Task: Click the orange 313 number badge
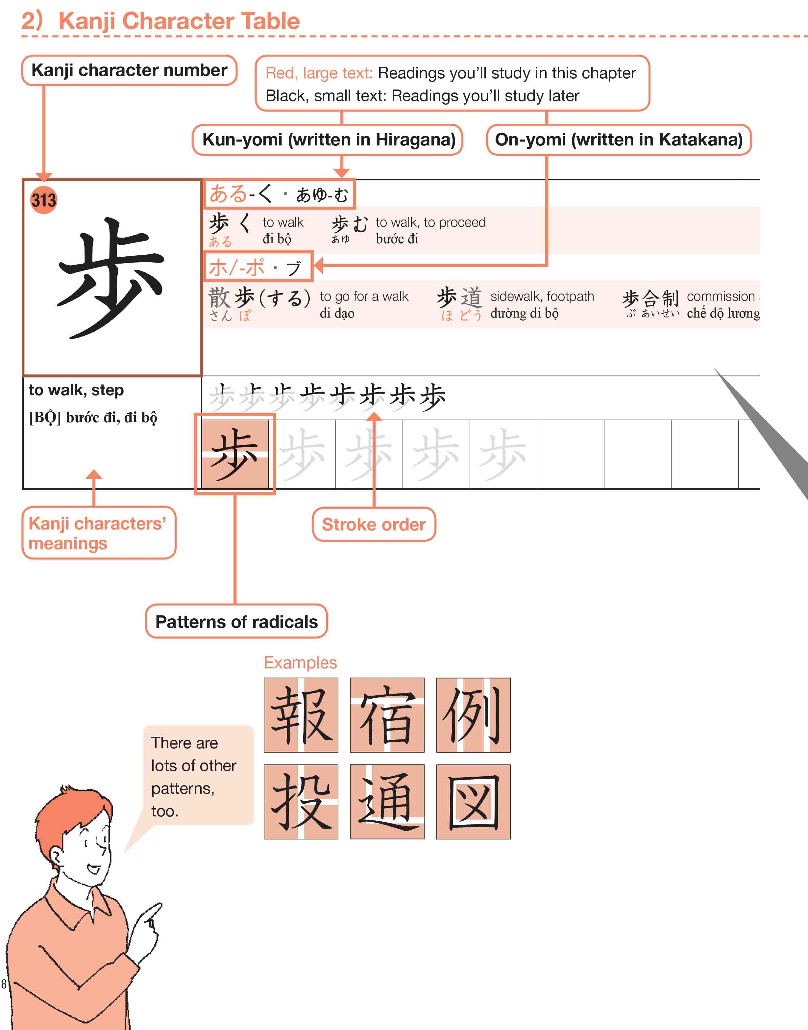click(43, 200)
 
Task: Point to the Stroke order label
click(374, 525)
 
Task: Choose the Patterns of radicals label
click(236, 622)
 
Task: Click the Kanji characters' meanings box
click(98, 533)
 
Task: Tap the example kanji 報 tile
click(301, 715)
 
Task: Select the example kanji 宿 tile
click(387, 715)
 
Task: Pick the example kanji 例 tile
click(473, 715)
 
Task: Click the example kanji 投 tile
click(301, 801)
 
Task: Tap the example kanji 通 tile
click(387, 801)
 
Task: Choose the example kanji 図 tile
click(473, 801)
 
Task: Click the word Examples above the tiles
click(300, 662)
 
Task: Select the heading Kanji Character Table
click(179, 21)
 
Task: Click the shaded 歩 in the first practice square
click(235, 454)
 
